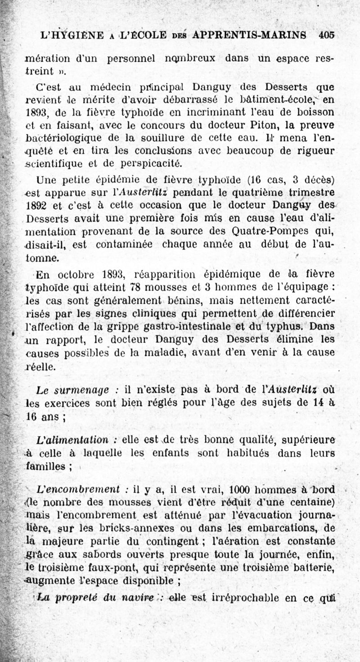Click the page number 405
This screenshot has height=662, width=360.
[327, 35]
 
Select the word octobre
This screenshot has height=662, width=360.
[80, 274]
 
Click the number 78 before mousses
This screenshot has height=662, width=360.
[135, 287]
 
